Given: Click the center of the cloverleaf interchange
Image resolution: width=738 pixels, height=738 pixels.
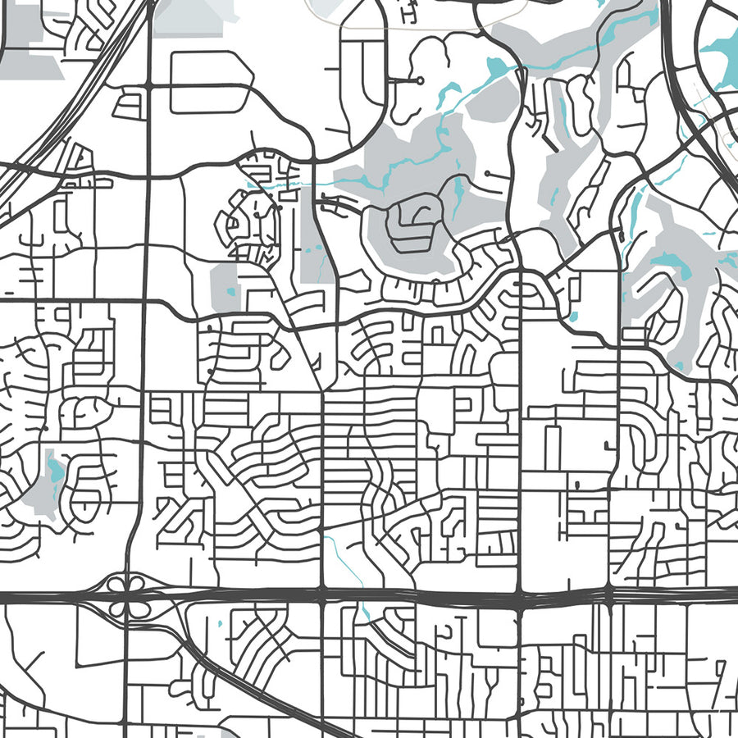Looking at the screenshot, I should point(124,597).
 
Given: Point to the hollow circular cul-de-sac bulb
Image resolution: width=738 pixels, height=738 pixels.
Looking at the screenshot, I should point(420,80).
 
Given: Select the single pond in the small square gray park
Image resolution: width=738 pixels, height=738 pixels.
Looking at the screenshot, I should point(230,289).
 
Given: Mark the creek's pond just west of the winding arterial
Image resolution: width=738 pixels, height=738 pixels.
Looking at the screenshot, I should point(494,66).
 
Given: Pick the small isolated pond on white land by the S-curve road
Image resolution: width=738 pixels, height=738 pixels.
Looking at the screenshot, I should point(572,315).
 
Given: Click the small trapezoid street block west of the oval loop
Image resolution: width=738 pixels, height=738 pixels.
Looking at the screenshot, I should point(129,105).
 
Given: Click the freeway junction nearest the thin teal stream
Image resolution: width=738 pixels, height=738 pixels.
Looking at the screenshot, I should point(322,596).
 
